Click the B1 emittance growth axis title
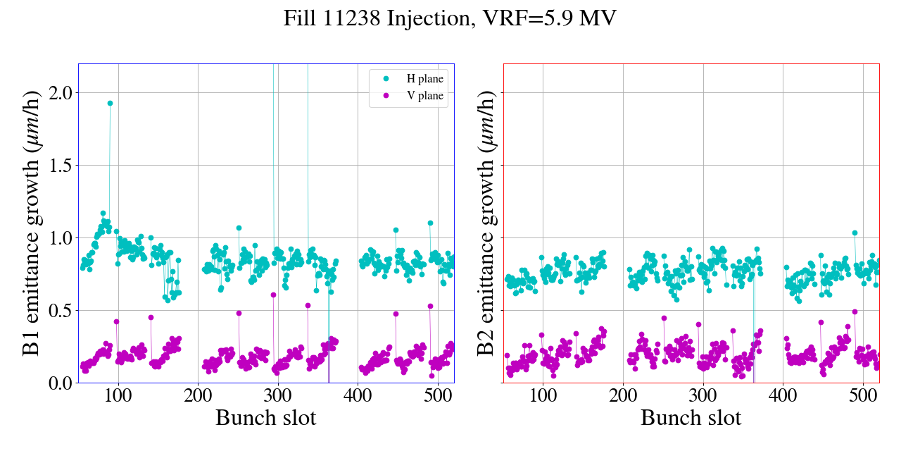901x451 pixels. pyautogui.click(x=31, y=223)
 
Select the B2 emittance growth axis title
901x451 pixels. pyautogui.click(x=486, y=223)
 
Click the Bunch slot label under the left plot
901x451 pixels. pyautogui.click(x=265, y=418)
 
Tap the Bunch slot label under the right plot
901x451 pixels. pyautogui.click(x=691, y=418)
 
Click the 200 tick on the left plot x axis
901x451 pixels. pyautogui.click(x=198, y=396)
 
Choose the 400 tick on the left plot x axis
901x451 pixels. pyautogui.click(x=358, y=396)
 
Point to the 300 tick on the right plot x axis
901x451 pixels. pyautogui.click(x=703, y=396)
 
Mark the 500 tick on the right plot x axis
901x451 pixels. pyautogui.click(x=863, y=396)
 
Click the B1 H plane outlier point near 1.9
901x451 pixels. pyautogui.click(x=110, y=103)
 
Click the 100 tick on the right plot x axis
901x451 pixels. pyautogui.click(x=543, y=396)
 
